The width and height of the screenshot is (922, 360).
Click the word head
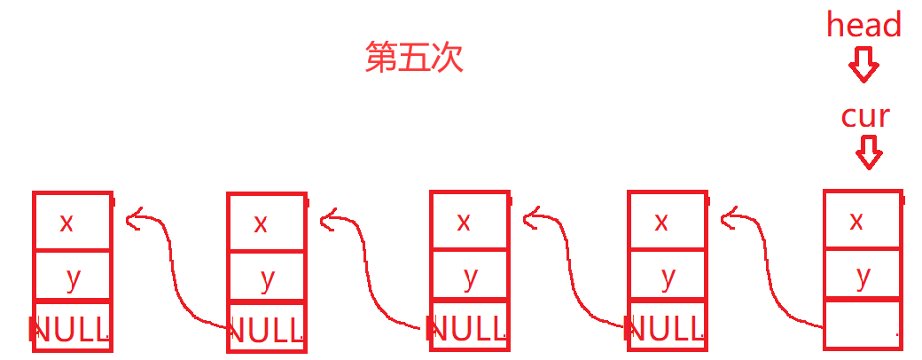[863, 25]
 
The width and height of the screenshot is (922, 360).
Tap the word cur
[864, 116]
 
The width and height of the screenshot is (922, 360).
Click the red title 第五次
[414, 59]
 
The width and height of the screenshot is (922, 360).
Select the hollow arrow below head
[863, 65]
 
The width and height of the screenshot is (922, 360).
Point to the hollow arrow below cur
[869, 153]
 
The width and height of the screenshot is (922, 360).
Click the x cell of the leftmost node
[72, 222]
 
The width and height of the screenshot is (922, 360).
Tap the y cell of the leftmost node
[72, 277]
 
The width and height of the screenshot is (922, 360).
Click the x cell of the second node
[267, 223]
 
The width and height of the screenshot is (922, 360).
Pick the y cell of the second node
[267, 278]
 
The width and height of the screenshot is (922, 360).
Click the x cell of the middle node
[469, 222]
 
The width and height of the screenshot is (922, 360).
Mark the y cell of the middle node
[469, 277]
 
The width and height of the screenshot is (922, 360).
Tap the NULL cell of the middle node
[469, 327]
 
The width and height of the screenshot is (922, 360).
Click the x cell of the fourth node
[668, 222]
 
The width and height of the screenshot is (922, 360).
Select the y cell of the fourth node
[668, 277]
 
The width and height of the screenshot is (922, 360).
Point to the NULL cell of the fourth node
[668, 327]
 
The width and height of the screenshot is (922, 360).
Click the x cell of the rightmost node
[863, 220]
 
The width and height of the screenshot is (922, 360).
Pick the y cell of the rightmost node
[863, 276]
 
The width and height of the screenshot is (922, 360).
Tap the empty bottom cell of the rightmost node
[863, 325]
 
